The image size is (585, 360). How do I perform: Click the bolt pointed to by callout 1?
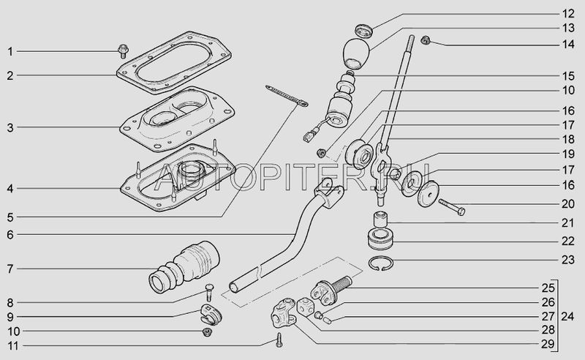pyautogui.click(x=122, y=51)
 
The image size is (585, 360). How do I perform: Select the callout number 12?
pyautogui.click(x=568, y=14)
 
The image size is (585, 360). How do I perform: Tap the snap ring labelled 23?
pyautogui.click(x=380, y=264)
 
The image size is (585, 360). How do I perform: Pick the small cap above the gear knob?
pyautogui.click(x=363, y=31)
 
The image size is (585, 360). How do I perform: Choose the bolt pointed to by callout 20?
pyautogui.click(x=452, y=207)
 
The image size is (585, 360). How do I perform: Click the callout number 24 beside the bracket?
pyautogui.click(x=567, y=317)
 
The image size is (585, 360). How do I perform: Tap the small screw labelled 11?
pyautogui.click(x=279, y=340)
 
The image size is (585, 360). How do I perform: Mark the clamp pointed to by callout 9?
pyautogui.click(x=211, y=314)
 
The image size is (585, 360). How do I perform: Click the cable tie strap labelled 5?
pyautogui.click(x=287, y=96)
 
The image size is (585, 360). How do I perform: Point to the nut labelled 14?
pyautogui.click(x=425, y=40)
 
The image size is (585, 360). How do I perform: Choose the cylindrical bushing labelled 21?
pyautogui.click(x=380, y=220)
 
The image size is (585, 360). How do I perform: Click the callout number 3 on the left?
pyautogui.click(x=10, y=128)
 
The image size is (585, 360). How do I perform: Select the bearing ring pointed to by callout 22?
pyautogui.click(x=380, y=239)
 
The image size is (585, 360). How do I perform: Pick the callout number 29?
pyautogui.click(x=548, y=344)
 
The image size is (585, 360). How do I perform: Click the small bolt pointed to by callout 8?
pyautogui.click(x=209, y=292)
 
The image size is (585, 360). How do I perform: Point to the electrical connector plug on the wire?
pyautogui.click(x=308, y=136)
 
